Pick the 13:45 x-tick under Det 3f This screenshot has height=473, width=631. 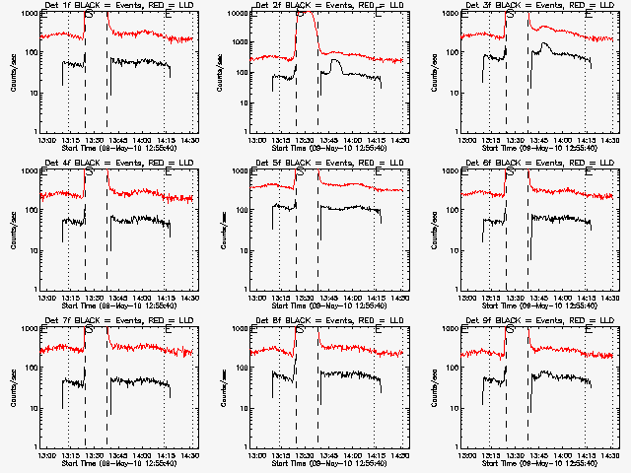pyautogui.click(x=541, y=141)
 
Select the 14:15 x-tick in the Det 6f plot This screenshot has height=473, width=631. pyautogui.click(x=586, y=299)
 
